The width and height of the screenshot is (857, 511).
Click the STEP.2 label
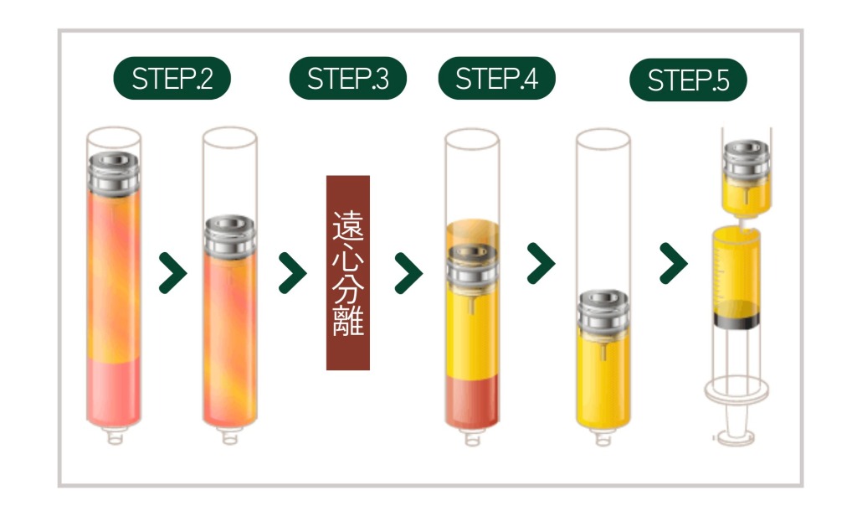[172, 78]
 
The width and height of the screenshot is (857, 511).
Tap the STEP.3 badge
[348, 78]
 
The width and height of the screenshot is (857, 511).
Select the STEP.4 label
[497, 78]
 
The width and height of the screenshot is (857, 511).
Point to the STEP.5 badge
[688, 80]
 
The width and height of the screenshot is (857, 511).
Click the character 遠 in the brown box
[348, 225]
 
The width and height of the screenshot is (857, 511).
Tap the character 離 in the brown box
[348, 320]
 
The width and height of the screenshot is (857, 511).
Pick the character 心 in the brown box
[348, 256]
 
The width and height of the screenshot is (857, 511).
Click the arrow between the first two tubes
[172, 273]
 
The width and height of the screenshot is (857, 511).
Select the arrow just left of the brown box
[292, 273]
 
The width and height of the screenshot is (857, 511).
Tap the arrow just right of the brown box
[408, 273]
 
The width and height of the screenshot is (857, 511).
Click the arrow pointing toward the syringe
[674, 264]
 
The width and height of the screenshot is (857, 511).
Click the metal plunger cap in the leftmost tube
[114, 173]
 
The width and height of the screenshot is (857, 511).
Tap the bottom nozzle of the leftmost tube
[115, 436]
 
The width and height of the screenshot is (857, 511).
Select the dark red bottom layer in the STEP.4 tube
[472, 401]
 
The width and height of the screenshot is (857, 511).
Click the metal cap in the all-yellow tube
[603, 312]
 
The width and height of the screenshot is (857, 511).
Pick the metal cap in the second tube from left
[229, 236]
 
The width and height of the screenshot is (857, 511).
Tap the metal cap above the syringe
[747, 158]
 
